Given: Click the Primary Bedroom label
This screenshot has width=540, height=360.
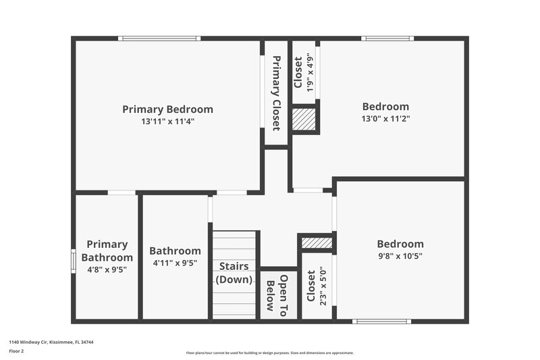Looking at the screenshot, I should pyautogui.click(x=167, y=109).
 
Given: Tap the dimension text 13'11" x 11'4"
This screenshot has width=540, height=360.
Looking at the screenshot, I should pyautogui.click(x=167, y=122).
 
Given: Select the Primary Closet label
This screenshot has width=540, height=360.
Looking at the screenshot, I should pyautogui.click(x=276, y=93).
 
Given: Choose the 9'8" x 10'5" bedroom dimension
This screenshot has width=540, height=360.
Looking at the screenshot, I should pyautogui.click(x=400, y=256).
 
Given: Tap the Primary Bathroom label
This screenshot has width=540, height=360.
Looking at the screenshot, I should pyautogui.click(x=107, y=251).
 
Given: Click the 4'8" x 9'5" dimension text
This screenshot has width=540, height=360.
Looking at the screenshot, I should pyautogui.click(x=107, y=269).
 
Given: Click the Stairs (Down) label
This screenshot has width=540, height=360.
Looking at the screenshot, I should pyautogui.click(x=234, y=273).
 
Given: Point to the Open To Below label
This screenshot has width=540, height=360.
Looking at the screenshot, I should pyautogui.click(x=279, y=293).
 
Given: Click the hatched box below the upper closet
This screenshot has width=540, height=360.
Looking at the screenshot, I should pyautogui.click(x=304, y=120).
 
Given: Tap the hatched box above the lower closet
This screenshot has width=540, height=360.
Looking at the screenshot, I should pyautogui.click(x=317, y=242).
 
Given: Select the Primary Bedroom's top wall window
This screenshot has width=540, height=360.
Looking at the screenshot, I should pyautogui.click(x=159, y=38).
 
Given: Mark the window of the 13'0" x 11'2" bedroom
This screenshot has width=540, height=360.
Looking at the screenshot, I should pyautogui.click(x=387, y=38).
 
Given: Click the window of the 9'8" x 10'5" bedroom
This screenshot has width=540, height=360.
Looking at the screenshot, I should pyautogui.click(x=383, y=321).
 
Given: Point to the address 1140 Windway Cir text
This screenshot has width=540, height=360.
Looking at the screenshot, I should pyautogui.click(x=51, y=342).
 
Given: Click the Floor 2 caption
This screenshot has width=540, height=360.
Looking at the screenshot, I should pyautogui.click(x=16, y=351).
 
